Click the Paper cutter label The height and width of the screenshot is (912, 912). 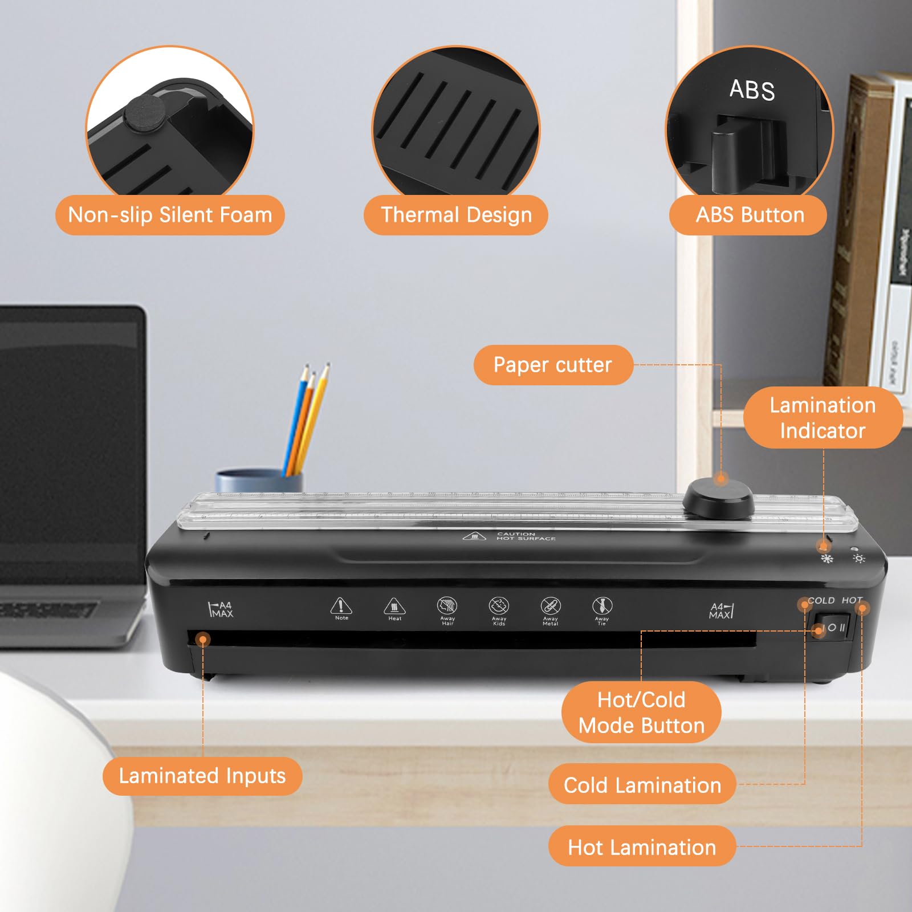553,365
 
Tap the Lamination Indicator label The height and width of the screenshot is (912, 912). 823,418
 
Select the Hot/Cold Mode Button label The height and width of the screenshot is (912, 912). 641,712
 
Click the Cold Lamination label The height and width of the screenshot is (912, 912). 642,785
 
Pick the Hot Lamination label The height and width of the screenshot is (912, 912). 642,847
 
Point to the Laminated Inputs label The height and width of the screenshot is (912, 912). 202,776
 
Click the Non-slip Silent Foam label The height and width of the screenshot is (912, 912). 170,215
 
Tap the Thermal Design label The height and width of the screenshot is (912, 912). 456,215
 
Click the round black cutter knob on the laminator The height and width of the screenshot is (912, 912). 718,499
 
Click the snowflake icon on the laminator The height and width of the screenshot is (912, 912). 826,559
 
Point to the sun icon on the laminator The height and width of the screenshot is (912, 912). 859,559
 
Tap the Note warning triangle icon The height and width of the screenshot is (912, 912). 341,605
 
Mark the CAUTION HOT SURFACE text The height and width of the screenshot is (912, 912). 526,536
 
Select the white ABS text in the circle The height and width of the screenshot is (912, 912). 752,90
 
